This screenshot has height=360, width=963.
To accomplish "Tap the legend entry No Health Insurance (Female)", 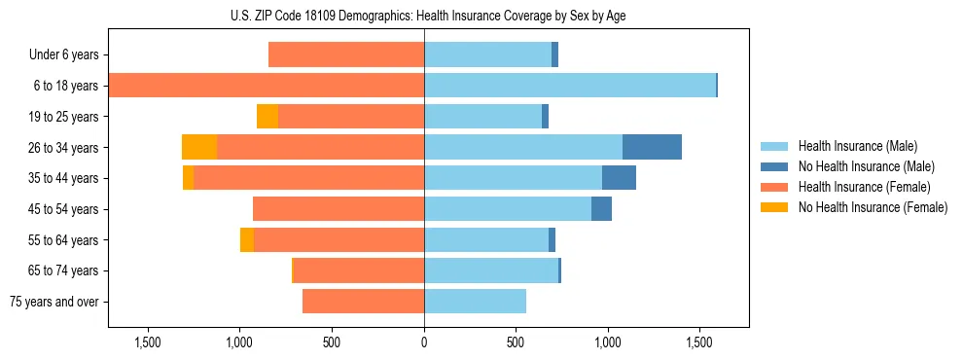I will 873,207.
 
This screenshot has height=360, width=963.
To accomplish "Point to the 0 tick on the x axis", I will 424,342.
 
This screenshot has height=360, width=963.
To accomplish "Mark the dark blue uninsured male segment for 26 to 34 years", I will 652,147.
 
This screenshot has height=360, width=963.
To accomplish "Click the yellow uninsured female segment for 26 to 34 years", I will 199,147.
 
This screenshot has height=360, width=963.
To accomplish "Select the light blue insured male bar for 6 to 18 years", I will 569,86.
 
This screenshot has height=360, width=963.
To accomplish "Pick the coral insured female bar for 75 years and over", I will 363,302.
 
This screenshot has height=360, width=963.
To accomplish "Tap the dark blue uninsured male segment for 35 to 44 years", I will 619,178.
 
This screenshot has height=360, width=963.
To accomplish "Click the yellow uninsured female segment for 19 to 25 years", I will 267,117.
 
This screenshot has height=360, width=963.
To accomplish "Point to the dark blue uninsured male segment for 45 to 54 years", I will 601,209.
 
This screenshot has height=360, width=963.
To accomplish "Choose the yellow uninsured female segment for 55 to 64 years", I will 247,239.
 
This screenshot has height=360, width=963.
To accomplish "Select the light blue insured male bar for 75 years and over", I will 475,302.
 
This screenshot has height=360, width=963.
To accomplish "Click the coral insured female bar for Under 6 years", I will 346,55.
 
